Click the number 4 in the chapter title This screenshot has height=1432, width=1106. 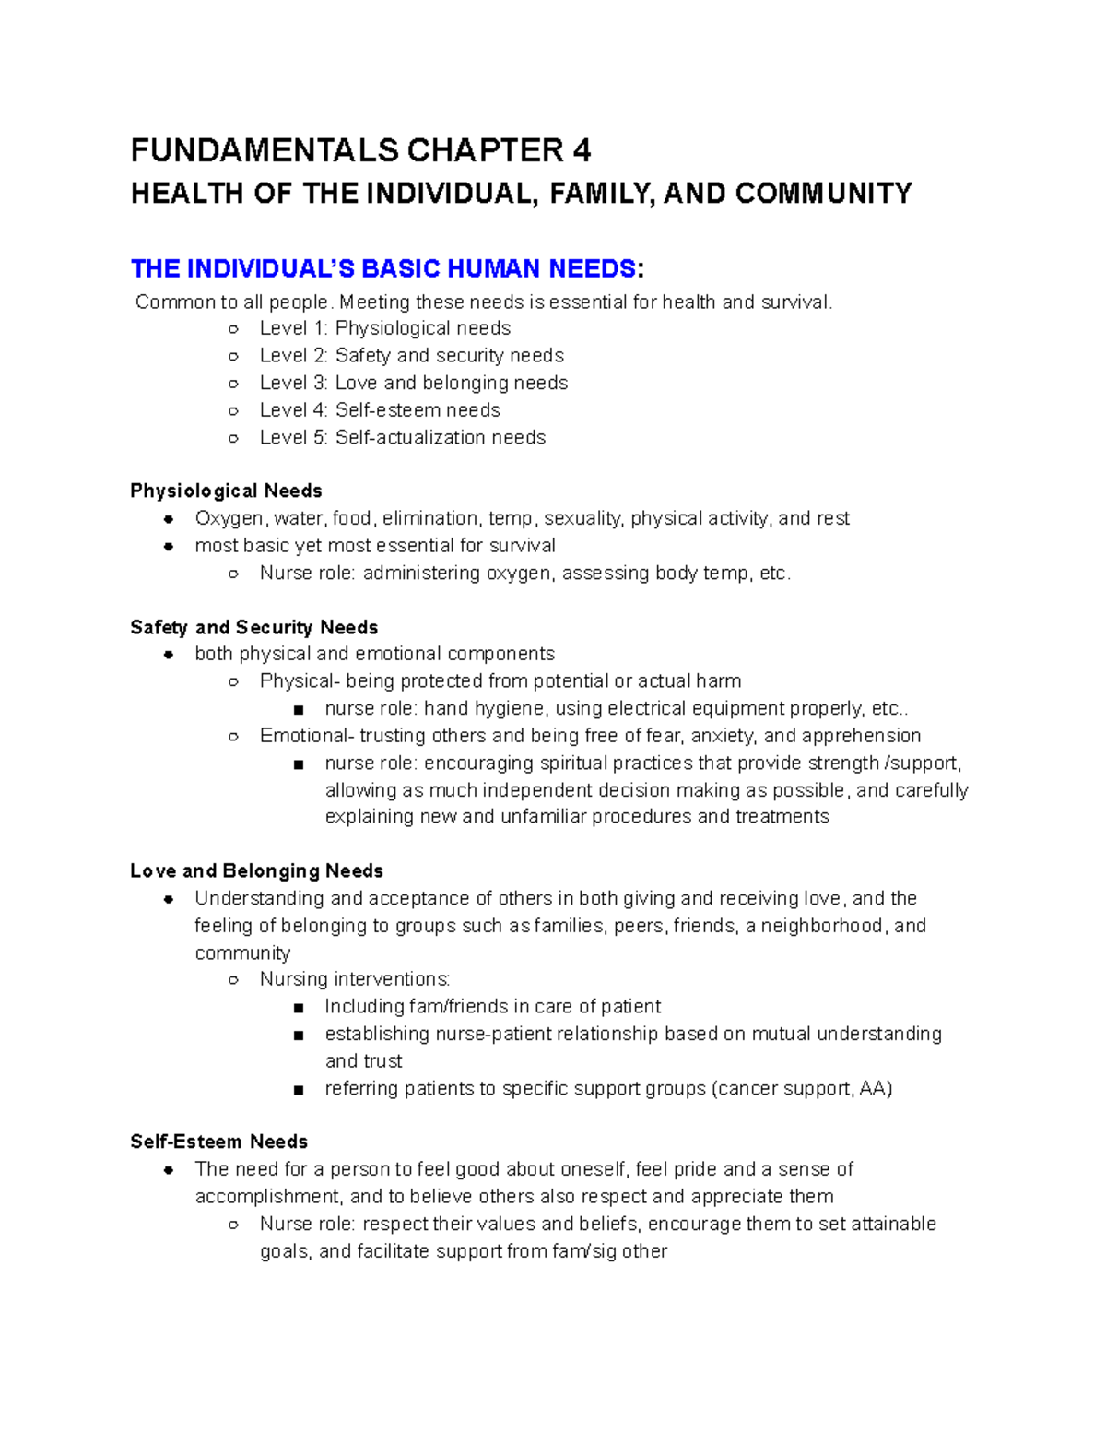tap(581, 150)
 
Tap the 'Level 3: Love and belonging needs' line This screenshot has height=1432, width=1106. tap(414, 383)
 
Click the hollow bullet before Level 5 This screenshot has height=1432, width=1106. tap(233, 438)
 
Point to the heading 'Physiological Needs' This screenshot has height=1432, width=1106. tap(226, 491)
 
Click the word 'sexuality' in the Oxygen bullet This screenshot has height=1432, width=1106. tap(583, 518)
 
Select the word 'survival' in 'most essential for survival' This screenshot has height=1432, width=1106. tap(520, 546)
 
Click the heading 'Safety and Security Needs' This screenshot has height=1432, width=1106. tap(253, 627)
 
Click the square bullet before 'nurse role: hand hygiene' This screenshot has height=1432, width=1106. tap(298, 710)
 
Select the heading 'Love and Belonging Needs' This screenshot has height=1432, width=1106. tap(256, 871)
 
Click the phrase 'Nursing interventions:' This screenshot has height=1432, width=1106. tap(355, 979)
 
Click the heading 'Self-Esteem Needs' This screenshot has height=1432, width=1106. tap(218, 1142)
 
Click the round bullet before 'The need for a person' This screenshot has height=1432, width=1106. tap(169, 1170)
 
